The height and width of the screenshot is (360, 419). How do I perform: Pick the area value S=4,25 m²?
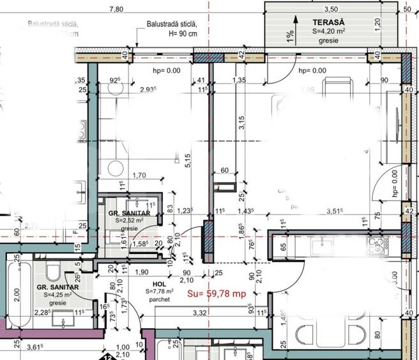(57, 295)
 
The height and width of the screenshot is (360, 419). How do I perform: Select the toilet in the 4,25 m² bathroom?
(54, 272)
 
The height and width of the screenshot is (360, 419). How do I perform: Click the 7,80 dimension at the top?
(116, 9)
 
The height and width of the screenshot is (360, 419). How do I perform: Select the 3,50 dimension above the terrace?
(330, 9)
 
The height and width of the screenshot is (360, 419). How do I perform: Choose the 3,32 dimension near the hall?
(198, 312)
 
